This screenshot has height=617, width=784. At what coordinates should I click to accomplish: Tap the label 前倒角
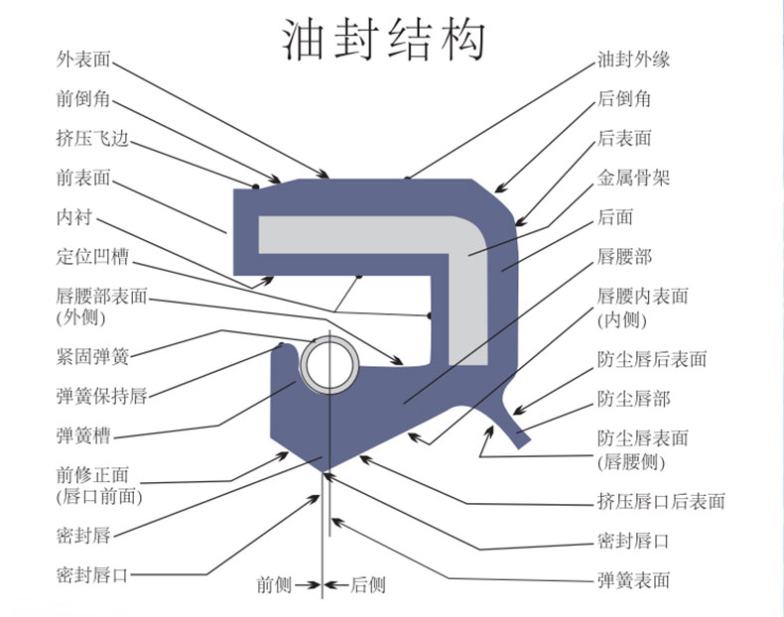83,98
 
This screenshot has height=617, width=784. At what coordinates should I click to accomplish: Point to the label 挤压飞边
92,138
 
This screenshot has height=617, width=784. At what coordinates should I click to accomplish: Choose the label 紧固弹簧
92,356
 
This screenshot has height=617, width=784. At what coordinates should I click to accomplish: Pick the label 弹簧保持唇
101,397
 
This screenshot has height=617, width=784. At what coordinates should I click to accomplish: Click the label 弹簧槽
83,435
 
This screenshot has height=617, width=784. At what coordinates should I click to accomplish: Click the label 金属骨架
634,179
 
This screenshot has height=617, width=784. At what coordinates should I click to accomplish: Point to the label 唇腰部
625,257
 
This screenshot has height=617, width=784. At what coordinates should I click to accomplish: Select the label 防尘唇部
634,399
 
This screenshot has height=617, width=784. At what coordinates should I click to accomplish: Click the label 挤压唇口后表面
661,501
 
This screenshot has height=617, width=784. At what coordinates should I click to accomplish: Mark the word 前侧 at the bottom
274,585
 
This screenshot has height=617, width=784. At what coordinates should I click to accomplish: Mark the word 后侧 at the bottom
368,585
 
